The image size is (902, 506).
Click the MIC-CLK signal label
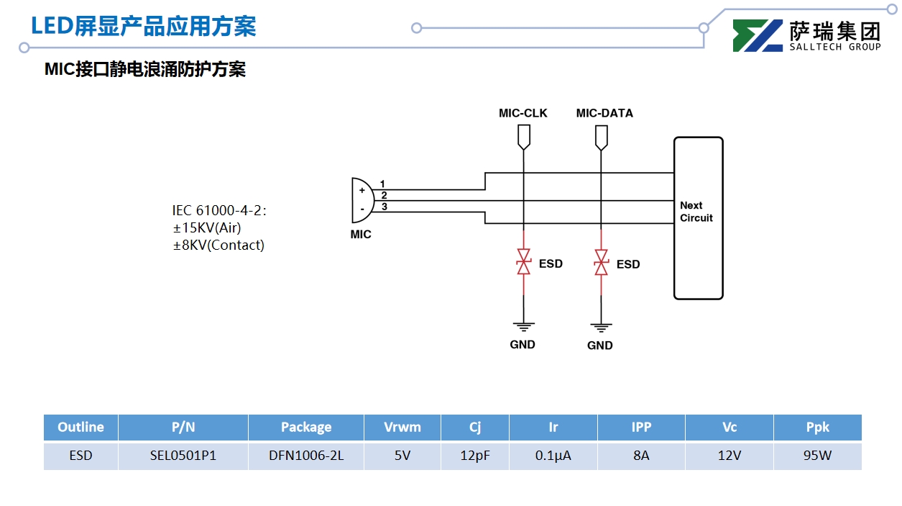coord(523,113)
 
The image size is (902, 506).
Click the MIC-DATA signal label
coord(604,113)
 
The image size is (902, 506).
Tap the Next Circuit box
coord(698,217)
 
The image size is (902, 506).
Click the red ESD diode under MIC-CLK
coord(524,263)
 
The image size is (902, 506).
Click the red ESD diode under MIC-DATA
coord(601,263)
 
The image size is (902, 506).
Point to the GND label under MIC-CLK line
coord(523,345)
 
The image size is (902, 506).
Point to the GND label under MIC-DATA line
coord(599,345)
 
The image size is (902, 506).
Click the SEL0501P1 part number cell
coord(183,456)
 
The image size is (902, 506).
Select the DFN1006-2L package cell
coord(306,456)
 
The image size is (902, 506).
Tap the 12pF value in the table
coord(475,456)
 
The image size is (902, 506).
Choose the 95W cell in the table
coord(817,456)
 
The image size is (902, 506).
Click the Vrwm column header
coord(402,427)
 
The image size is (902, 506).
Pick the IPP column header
coord(641,427)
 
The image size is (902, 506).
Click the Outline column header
coord(80,427)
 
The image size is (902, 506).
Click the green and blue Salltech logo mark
coord(758,35)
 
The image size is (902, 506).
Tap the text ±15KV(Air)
coord(206,227)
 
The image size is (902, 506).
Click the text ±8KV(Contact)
coord(218,245)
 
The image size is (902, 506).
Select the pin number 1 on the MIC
coord(383,184)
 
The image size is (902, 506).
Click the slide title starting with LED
coord(143,27)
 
